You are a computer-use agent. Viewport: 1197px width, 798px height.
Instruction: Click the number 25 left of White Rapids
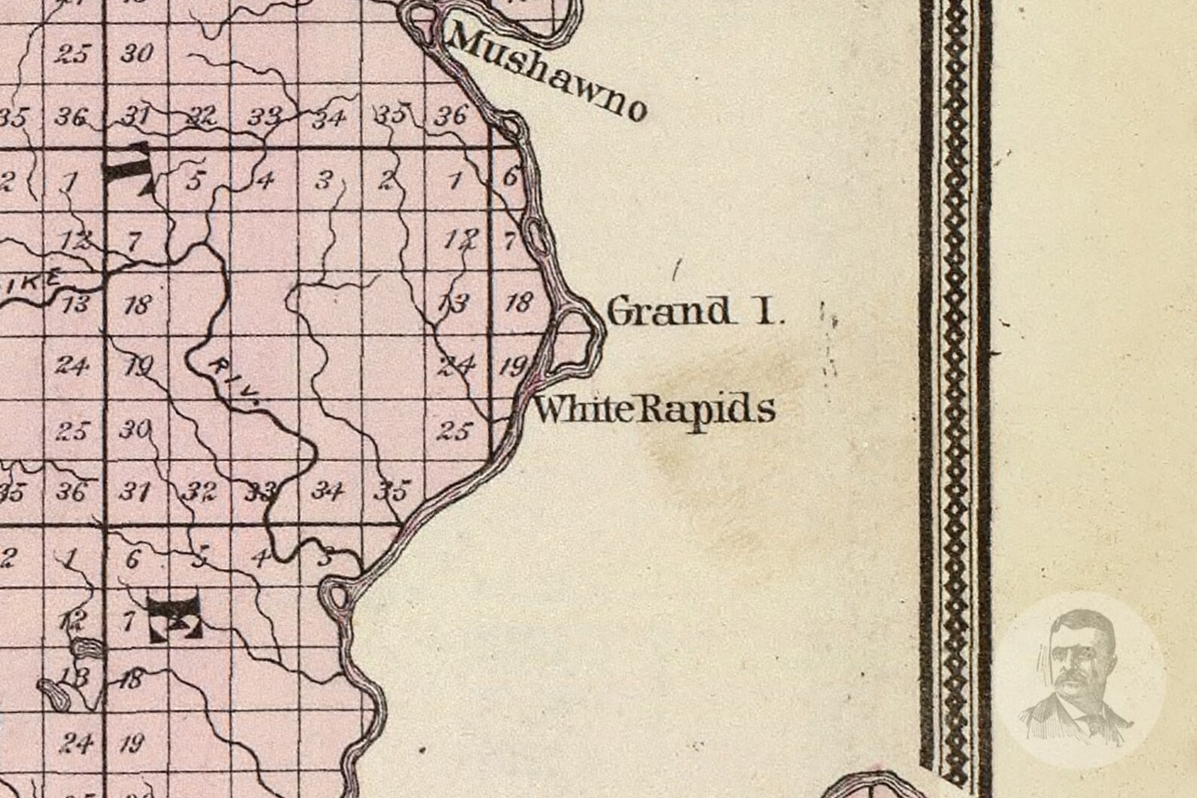click(x=454, y=431)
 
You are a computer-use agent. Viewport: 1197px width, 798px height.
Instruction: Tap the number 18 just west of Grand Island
click(x=518, y=303)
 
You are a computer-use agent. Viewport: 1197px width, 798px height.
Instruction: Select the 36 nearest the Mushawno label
click(x=451, y=115)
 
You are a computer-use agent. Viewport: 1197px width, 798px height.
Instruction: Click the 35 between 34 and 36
click(x=390, y=115)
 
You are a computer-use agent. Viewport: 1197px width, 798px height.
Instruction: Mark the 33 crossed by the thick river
click(x=260, y=494)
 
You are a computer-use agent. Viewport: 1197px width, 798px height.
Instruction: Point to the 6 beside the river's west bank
click(x=510, y=178)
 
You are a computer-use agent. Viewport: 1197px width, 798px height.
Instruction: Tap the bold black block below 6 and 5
click(x=175, y=613)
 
